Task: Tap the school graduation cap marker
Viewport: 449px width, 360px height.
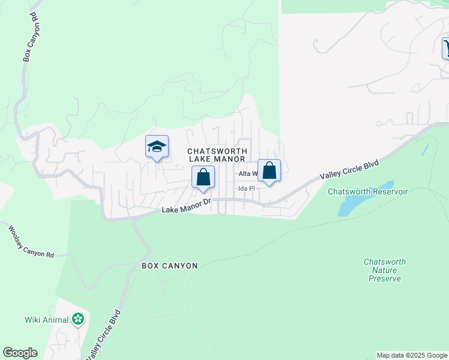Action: [x=156, y=146]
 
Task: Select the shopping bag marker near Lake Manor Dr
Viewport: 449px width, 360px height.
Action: [x=203, y=177]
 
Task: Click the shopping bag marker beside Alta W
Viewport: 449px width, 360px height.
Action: [x=270, y=170]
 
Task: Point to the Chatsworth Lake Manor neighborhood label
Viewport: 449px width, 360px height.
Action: [x=217, y=155]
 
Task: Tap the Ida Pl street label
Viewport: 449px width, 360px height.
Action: [x=247, y=188]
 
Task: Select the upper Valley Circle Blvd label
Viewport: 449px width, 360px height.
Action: [x=349, y=169]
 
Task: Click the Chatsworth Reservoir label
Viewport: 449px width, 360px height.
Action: [x=367, y=191]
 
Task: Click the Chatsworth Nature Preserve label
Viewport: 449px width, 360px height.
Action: [x=384, y=270]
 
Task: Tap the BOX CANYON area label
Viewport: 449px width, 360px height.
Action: [x=169, y=265]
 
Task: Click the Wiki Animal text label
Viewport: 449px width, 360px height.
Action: [x=47, y=319]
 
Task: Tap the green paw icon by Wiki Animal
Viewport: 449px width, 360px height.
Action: [x=78, y=319]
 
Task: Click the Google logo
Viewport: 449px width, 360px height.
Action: [x=20, y=353]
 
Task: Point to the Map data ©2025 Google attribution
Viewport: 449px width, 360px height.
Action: [x=412, y=355]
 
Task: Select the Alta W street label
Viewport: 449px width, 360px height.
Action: [x=248, y=174]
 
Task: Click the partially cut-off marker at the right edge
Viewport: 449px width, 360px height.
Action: [x=445, y=48]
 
